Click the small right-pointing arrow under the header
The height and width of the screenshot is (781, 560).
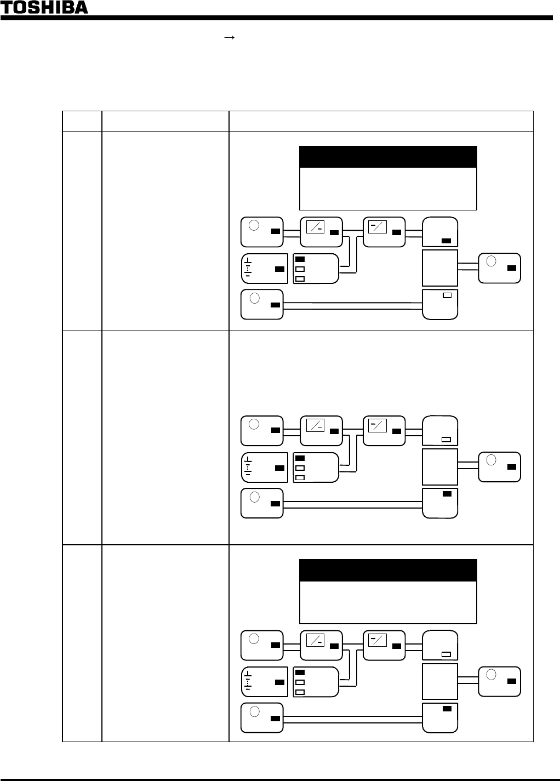point(230,37)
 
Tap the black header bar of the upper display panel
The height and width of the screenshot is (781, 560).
point(388,157)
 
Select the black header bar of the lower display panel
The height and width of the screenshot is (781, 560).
point(388,570)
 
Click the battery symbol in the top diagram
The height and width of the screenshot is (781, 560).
point(248,268)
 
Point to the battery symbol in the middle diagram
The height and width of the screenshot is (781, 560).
point(248,467)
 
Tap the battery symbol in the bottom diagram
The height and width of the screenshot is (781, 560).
point(248,681)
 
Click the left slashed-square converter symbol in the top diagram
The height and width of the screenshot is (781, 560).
point(315,225)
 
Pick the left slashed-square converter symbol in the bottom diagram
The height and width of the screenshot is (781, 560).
point(315,639)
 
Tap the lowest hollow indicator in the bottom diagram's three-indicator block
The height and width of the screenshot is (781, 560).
point(300,692)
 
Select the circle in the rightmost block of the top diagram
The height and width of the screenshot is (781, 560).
point(492,261)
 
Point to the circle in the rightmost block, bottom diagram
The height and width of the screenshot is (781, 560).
point(492,675)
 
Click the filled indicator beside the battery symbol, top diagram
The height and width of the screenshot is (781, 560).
point(279,269)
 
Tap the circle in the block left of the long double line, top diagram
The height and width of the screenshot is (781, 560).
point(254,298)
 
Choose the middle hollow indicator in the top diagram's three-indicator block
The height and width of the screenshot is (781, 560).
point(300,269)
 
